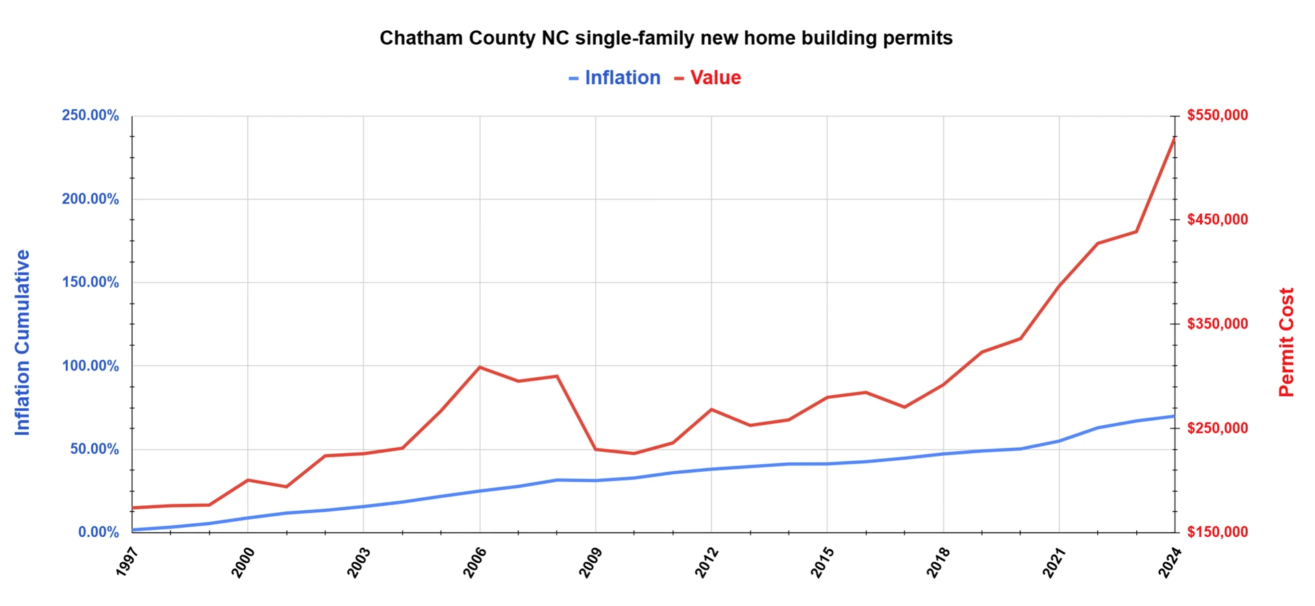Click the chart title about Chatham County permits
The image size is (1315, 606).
point(666,38)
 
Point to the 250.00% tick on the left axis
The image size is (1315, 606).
point(90,115)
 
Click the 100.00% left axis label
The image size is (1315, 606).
point(90,366)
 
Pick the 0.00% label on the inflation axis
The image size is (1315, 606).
point(99,532)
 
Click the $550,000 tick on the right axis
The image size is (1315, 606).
point(1218,115)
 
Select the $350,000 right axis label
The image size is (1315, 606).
point(1218,324)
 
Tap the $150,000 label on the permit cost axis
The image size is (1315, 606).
point(1218,532)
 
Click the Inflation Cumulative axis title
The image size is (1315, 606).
point(23,342)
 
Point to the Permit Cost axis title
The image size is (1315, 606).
point(1286,342)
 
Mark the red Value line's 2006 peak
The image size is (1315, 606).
point(479,367)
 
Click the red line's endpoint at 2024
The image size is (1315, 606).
point(1175,139)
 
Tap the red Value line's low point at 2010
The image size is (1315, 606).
point(634,453)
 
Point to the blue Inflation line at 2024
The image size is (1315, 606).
point(1174,416)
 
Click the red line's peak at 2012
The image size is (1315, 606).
point(712,409)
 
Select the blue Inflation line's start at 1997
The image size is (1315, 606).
point(133,529)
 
